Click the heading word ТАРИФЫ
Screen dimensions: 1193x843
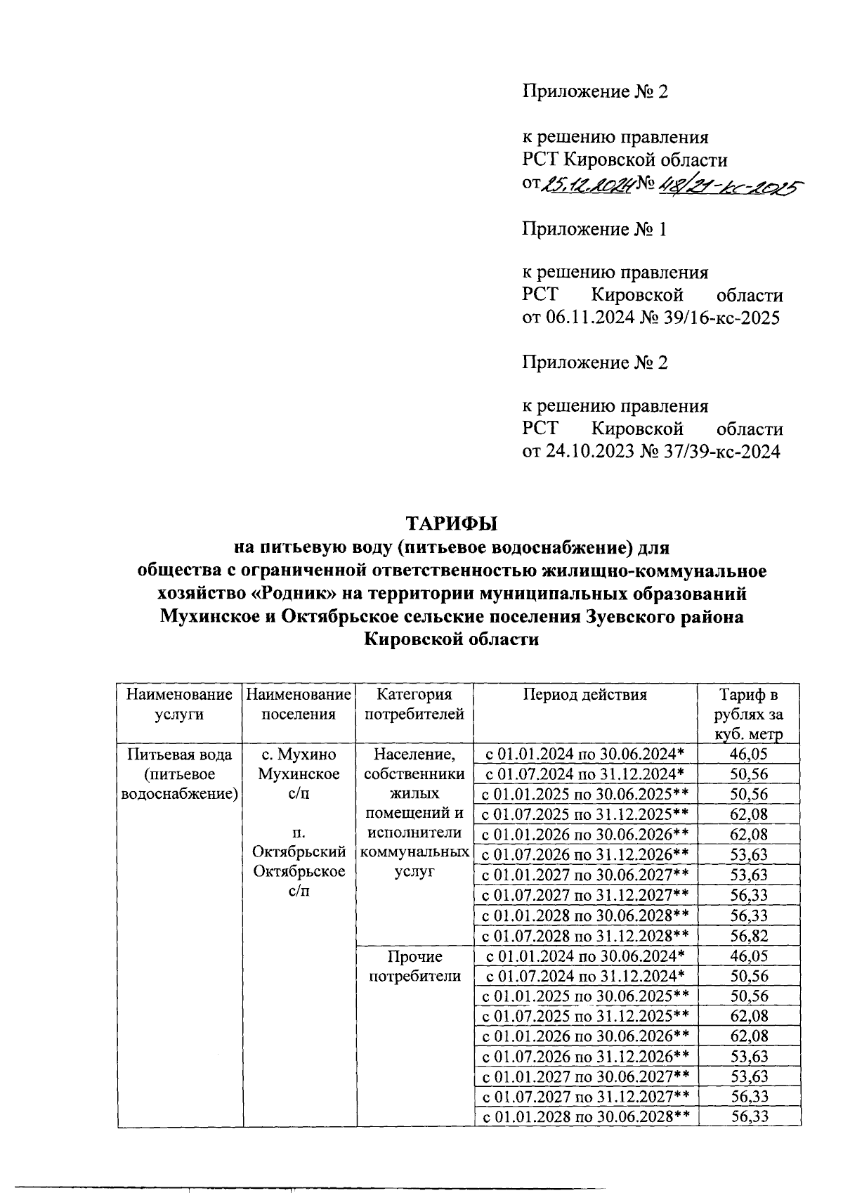(x=451, y=524)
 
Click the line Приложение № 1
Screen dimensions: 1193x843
(x=594, y=229)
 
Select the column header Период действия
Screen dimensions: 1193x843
(x=584, y=695)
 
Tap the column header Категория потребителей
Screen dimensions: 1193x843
(x=414, y=705)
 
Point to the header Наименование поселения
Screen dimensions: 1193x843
(x=299, y=705)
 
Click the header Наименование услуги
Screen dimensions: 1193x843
(x=179, y=705)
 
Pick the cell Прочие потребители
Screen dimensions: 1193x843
(x=414, y=966)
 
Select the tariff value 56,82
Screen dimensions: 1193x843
(x=749, y=936)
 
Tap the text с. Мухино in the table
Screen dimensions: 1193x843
(x=299, y=755)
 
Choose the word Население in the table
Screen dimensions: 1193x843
(x=414, y=755)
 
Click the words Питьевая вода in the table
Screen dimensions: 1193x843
(x=179, y=755)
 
